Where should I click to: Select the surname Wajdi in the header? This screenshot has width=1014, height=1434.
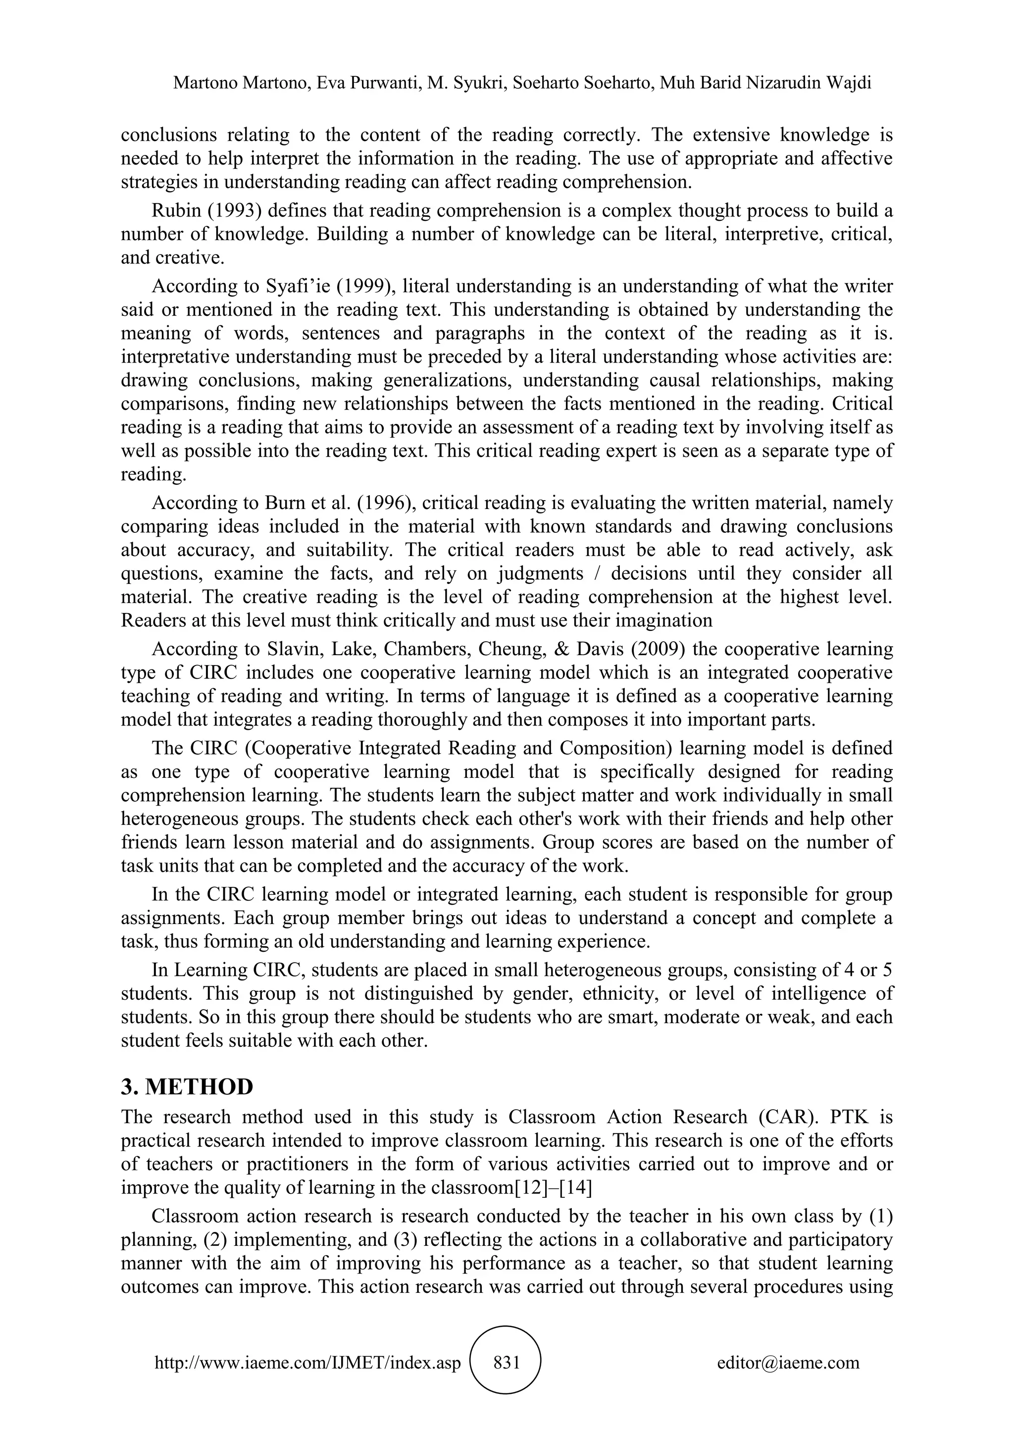851,83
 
